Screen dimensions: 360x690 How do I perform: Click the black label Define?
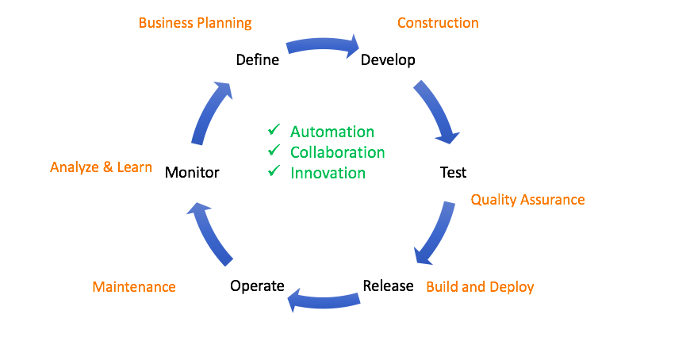(x=258, y=59)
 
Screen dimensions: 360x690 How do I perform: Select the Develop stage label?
(x=388, y=60)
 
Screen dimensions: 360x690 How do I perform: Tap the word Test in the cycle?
(x=453, y=172)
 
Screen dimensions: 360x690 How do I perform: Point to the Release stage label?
(x=388, y=285)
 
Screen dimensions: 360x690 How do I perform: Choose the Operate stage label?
(x=257, y=286)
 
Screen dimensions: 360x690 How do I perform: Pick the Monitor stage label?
(x=192, y=172)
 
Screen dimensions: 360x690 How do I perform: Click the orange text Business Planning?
(x=195, y=23)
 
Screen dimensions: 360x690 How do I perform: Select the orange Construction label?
(x=438, y=23)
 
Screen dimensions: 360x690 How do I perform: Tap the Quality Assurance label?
(x=527, y=200)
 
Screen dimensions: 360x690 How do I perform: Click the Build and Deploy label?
(x=480, y=287)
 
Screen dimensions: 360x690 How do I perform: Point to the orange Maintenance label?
(x=134, y=286)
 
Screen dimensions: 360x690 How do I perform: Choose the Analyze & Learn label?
(x=101, y=167)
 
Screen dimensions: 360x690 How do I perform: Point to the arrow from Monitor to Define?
(x=210, y=111)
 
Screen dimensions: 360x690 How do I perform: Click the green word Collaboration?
(x=337, y=152)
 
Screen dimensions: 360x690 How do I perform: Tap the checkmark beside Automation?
(x=274, y=129)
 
